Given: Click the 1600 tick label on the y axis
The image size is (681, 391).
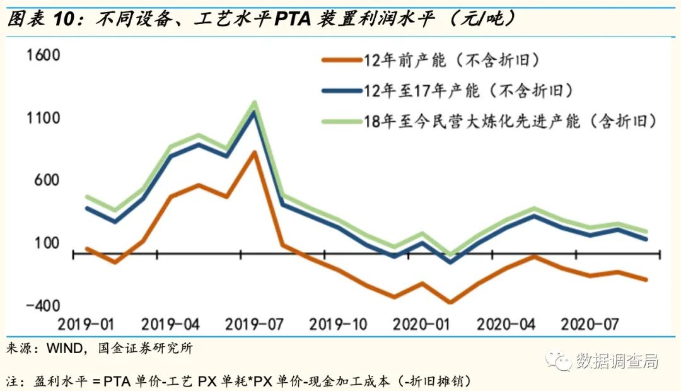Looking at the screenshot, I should pyautogui.click(x=43, y=55).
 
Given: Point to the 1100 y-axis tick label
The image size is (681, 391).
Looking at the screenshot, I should pyautogui.click(x=43, y=118).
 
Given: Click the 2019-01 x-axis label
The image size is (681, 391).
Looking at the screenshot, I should pyautogui.click(x=86, y=325).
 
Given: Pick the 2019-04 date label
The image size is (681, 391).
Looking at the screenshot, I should pyautogui.click(x=170, y=325).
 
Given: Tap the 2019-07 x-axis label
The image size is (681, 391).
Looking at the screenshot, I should pyautogui.click(x=253, y=325).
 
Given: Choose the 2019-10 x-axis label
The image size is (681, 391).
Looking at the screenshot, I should pyautogui.click(x=338, y=325).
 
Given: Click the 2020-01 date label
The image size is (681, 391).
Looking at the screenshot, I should pyautogui.click(x=422, y=325).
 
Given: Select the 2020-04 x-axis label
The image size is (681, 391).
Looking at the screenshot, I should pyautogui.click(x=506, y=325).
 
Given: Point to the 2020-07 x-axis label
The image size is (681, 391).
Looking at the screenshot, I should pyautogui.click(x=590, y=325).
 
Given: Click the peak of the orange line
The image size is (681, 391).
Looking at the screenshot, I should pyautogui.click(x=253, y=152).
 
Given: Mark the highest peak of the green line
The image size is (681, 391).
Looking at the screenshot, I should pyautogui.click(x=253, y=102).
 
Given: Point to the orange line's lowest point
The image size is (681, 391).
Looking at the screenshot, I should pyautogui.click(x=450, y=302).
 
